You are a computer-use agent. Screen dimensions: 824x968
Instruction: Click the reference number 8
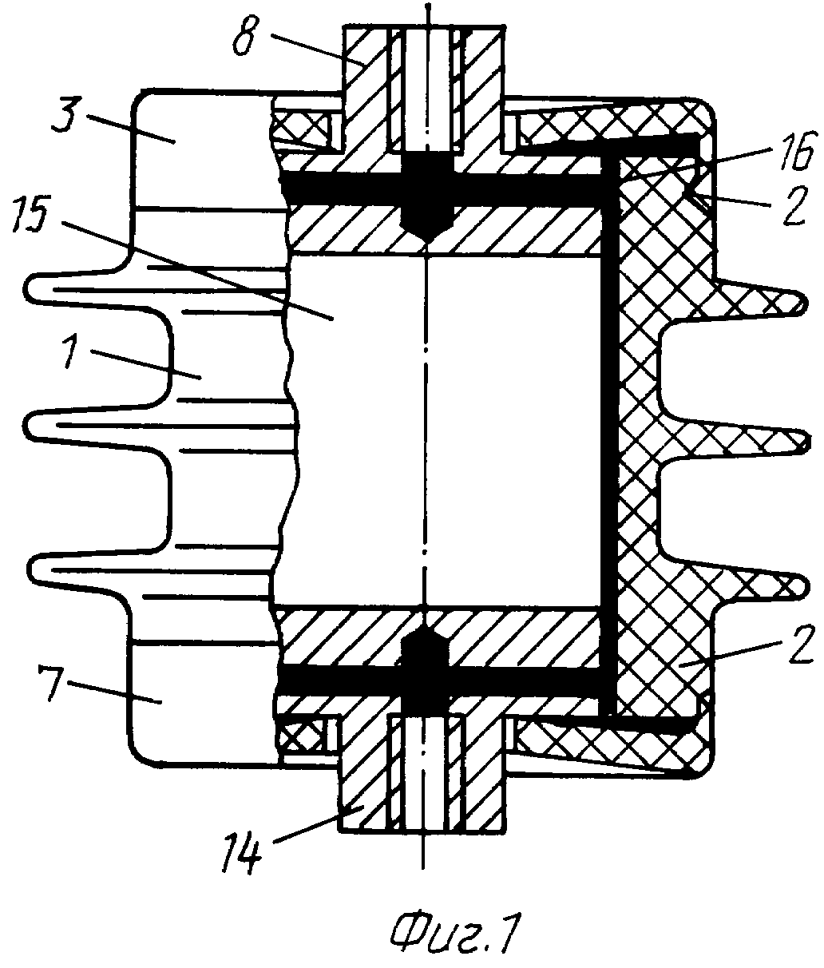click(246, 38)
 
